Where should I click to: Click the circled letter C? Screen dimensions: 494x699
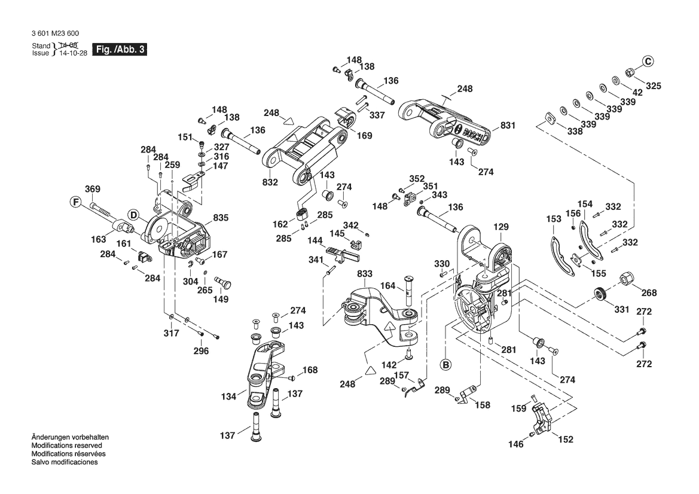(x=648, y=60)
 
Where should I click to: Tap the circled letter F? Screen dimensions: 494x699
(x=76, y=202)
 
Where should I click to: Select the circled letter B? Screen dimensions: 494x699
(x=445, y=363)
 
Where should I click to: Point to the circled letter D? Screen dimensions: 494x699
(x=133, y=215)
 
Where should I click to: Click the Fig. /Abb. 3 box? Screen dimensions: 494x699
(x=120, y=50)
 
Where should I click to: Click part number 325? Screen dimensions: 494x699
(x=654, y=86)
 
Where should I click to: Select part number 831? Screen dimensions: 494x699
(x=508, y=126)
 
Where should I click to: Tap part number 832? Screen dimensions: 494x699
(x=270, y=182)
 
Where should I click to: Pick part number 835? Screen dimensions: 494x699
(x=221, y=218)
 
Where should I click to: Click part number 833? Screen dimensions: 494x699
(x=365, y=273)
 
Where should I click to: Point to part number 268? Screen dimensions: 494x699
(x=649, y=292)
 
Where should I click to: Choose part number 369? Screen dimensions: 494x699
(x=92, y=190)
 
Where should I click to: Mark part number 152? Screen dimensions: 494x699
(x=565, y=440)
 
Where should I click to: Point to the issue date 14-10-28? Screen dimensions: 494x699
(x=71, y=53)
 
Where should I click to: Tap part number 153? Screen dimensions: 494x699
(x=554, y=219)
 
